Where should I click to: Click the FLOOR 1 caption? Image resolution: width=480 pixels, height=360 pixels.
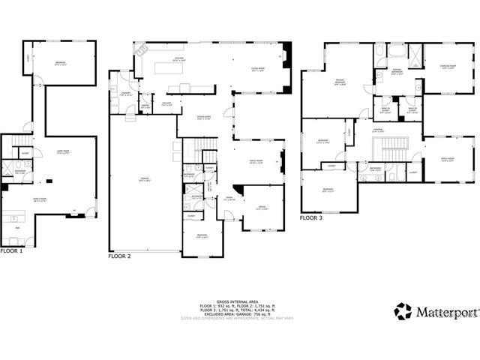point(12,250)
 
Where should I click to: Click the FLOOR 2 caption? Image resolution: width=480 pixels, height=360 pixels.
point(119,256)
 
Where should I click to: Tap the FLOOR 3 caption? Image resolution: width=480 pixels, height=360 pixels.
point(310,218)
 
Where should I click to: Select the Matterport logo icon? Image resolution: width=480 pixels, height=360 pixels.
point(403,310)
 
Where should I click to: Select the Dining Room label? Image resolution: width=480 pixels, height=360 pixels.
point(204,118)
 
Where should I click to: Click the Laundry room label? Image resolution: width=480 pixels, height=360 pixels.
point(125,94)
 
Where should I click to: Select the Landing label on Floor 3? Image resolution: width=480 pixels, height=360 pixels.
point(379,130)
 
